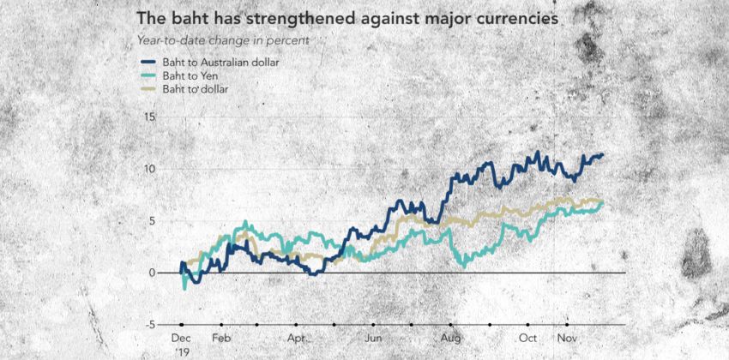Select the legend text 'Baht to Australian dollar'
[223, 62]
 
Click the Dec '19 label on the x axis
[181, 345]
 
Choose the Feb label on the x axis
[221, 339]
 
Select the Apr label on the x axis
[297, 339]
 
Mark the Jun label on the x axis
[373, 339]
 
